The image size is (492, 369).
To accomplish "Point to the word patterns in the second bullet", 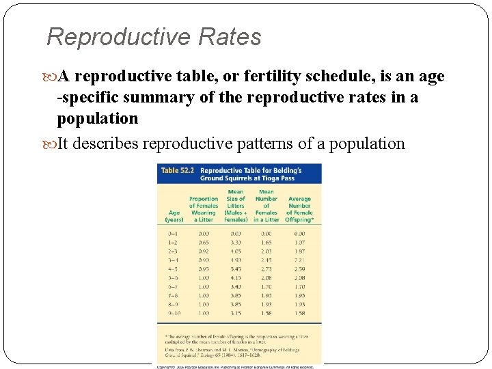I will (262, 143).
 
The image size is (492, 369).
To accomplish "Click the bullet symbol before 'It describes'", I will (51, 143).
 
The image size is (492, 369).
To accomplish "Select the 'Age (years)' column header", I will (174, 216).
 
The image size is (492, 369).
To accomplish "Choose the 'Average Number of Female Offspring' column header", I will (299, 209).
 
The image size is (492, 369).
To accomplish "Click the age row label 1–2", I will (174, 242).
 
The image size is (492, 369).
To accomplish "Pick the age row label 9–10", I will (174, 312).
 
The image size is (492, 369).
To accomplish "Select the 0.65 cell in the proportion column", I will (204, 242).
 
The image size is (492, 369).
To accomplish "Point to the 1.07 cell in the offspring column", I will (299, 242).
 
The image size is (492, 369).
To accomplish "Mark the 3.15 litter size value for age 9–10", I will (236, 312).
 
